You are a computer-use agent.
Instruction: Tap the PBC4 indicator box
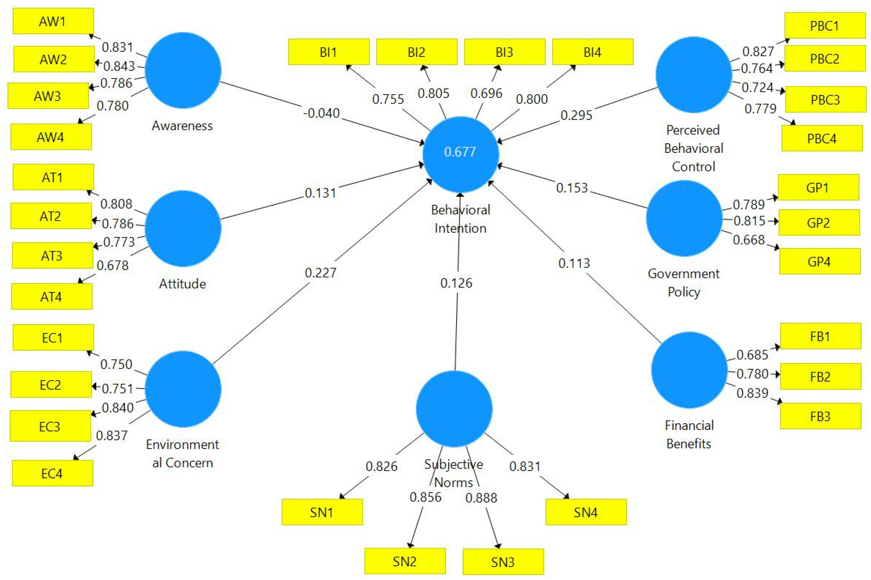coord(822,138)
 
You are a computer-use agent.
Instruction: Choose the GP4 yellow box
coord(820,262)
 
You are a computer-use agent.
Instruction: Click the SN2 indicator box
coord(405,561)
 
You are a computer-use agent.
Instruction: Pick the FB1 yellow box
coord(820,336)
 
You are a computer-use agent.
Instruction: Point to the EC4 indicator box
coord(52,473)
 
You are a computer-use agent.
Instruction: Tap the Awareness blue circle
coord(183,70)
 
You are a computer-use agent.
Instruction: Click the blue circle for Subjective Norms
coord(454,409)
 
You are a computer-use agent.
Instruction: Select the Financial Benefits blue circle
coord(689,370)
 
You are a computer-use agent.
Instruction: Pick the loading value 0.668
coord(748,240)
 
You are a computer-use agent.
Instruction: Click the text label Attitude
coord(182,284)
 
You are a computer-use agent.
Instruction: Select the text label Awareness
coord(182,126)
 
